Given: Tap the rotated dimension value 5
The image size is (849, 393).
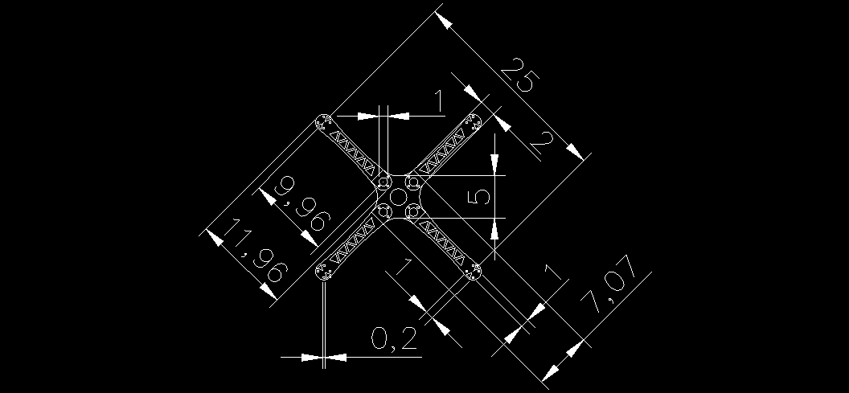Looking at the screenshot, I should pos(480,196).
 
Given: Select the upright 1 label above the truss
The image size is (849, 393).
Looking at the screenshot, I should pos(439,103).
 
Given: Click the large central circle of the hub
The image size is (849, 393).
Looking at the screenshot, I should pos(398,196).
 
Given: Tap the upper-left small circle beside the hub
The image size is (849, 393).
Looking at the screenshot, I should pos(383,181).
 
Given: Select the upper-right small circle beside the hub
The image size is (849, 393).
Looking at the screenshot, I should pos(412,182).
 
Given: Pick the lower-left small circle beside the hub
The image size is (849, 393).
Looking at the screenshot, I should pos(383,211).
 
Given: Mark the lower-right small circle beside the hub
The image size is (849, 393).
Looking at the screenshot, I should pos(412,211).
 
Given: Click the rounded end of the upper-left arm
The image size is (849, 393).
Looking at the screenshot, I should pos(324,122).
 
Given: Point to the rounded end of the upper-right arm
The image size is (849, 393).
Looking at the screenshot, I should pos(474,122).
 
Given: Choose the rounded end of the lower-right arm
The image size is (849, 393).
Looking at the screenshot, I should pos(474,272).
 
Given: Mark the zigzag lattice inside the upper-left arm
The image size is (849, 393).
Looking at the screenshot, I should pos(354,152).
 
